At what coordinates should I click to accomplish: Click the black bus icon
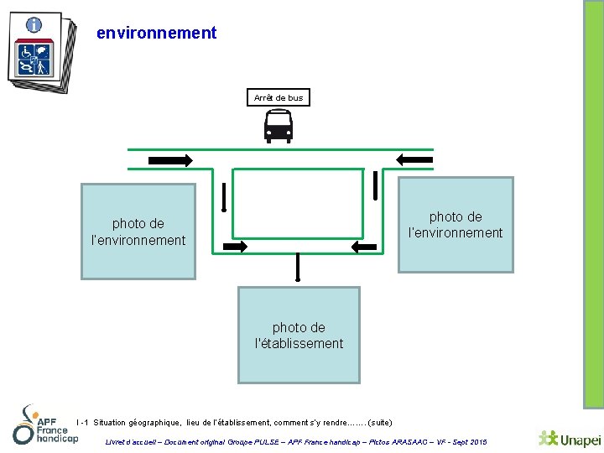279,127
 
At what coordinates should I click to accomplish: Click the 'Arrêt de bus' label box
279,98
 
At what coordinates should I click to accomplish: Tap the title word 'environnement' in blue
157,34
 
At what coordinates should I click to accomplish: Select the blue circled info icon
34,25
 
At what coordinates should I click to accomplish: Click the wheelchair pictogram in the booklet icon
26,52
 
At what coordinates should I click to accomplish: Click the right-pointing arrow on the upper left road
170,159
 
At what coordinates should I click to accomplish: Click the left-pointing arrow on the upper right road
414,159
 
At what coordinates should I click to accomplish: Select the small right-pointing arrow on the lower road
236,246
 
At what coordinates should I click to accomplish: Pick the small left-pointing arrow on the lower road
365,246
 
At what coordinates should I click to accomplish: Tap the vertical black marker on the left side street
224,197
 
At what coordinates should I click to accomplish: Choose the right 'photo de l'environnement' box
455,225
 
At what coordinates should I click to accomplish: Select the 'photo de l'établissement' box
299,336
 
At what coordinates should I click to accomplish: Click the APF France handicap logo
44,425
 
